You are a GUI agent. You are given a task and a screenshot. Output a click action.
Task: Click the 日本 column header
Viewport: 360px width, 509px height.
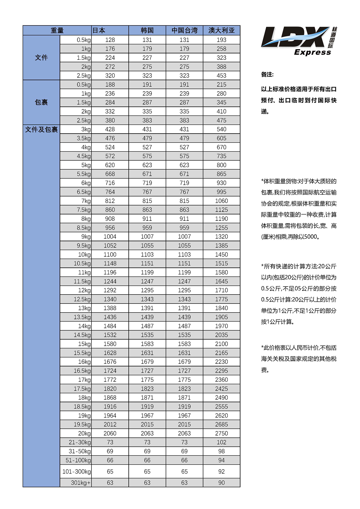tap(99, 30)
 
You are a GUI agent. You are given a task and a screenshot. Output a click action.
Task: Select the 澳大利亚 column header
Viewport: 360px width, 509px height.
tap(221, 30)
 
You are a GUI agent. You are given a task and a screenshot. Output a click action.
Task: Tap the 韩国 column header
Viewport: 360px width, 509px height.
tap(147, 30)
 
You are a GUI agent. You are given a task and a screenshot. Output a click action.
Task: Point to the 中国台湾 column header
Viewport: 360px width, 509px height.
tap(185, 30)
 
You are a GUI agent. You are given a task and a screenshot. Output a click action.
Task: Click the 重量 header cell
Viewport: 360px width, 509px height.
tap(57, 30)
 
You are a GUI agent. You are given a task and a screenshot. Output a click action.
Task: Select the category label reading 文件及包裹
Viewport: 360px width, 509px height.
tap(41, 130)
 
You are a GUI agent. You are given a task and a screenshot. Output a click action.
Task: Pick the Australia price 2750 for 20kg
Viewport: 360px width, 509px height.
tap(221, 433)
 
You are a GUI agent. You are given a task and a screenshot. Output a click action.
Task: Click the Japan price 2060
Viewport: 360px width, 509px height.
tap(110, 433)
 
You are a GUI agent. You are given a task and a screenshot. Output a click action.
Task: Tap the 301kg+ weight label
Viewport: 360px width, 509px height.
tap(81, 483)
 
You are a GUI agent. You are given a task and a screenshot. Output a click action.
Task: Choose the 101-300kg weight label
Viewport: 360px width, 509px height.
tap(77, 472)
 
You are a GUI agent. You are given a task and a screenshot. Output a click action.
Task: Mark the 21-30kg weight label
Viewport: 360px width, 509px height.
tap(80, 442)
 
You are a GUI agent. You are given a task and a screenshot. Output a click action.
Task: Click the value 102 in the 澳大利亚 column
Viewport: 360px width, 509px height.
tap(221, 442)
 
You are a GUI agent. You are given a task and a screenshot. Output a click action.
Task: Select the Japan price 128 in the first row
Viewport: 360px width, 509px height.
tap(110, 40)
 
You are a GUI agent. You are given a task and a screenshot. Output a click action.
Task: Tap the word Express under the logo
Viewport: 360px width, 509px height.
tap(313, 52)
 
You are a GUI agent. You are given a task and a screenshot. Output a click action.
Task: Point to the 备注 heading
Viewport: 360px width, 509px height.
tap(267, 74)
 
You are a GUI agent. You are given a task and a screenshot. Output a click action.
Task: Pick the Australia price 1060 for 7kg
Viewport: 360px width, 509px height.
tap(221, 201)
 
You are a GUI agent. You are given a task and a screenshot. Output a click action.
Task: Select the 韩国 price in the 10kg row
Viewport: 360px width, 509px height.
tap(147, 255)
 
